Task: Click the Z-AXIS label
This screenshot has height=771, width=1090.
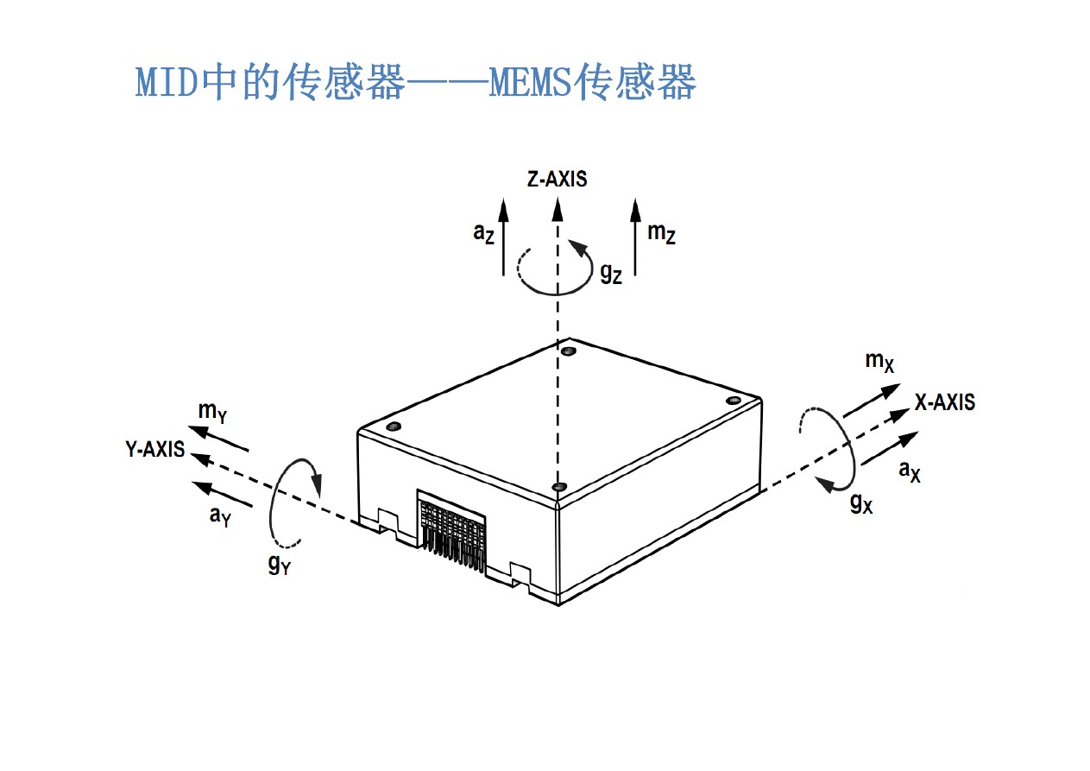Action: (557, 180)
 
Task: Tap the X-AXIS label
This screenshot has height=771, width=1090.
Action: (945, 401)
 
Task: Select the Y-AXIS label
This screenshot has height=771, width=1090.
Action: (154, 449)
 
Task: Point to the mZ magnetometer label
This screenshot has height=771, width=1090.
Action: (661, 233)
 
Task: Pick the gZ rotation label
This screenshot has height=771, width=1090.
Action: (610, 273)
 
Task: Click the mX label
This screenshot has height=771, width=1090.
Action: (879, 362)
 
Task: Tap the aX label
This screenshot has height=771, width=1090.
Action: (910, 471)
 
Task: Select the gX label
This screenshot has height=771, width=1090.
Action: (861, 502)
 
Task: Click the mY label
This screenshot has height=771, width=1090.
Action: (212, 412)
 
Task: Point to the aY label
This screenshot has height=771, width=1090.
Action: (220, 516)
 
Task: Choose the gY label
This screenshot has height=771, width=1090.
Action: (279, 566)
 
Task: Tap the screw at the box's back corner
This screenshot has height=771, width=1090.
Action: (568, 351)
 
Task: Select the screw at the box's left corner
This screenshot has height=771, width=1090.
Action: (394, 427)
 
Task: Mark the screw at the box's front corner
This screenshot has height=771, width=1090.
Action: (559, 488)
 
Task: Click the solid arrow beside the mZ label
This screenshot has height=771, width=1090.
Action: (636, 237)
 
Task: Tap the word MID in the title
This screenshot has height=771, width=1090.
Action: (167, 84)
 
